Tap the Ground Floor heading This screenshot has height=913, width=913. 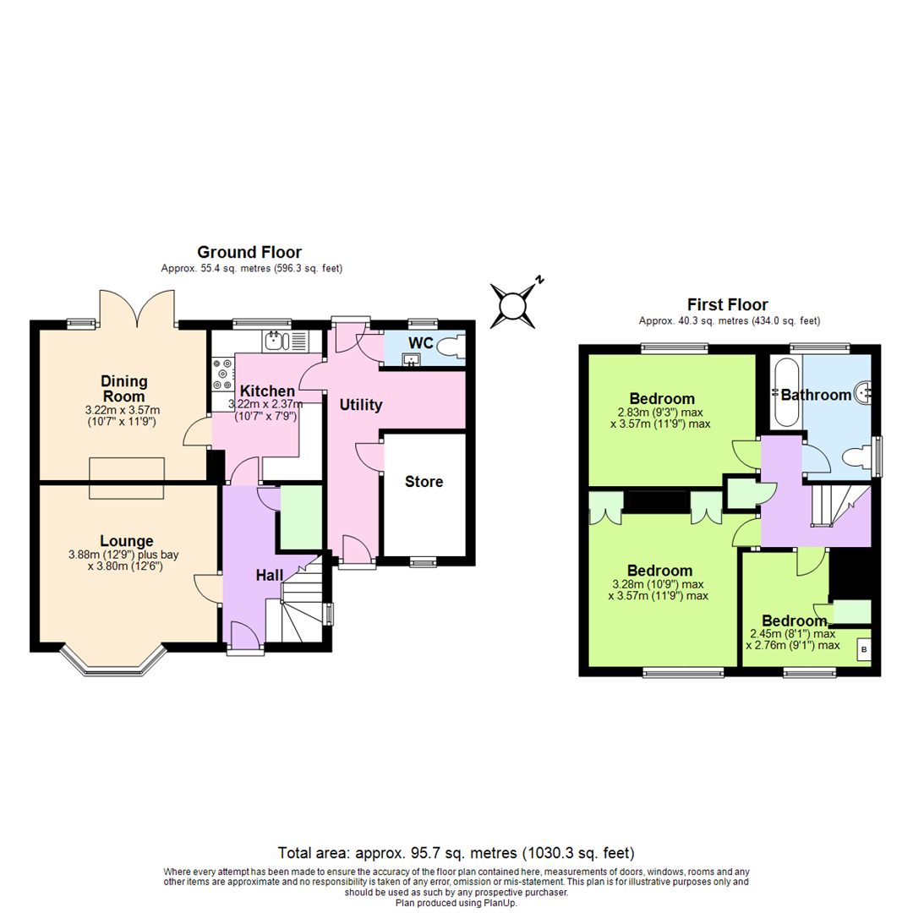coord(249,252)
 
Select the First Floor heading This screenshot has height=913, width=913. coord(729,304)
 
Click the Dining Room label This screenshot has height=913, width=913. coord(124,388)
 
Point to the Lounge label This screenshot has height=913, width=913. coord(127,541)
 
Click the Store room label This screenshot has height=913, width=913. coord(424,482)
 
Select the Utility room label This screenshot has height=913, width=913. coord(361,405)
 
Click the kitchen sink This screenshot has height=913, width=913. coord(278,342)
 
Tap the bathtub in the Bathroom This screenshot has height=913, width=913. coord(785,394)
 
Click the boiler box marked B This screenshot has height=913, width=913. coord(863,649)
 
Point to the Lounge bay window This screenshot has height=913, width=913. coord(112,664)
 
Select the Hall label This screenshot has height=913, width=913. coord(270,575)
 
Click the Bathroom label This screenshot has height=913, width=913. coord(816,395)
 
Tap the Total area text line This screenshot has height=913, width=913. coord(456,853)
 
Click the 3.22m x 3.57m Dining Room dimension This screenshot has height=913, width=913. coord(124,410)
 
